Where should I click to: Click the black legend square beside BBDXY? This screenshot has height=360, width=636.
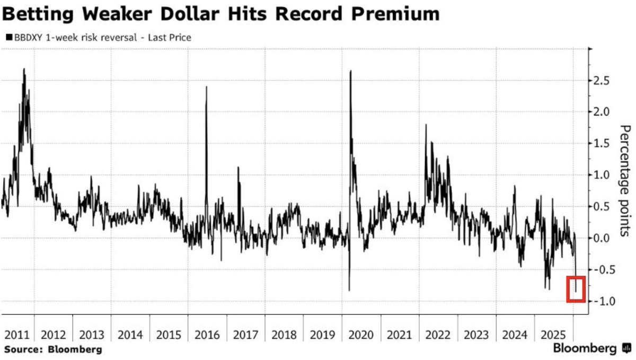pyautogui.click(x=7, y=38)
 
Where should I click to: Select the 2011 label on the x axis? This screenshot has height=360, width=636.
pyautogui.click(x=17, y=335)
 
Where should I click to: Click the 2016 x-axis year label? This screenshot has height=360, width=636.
pyautogui.click(x=207, y=335)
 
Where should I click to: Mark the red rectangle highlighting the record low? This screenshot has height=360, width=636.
pyautogui.click(x=576, y=289)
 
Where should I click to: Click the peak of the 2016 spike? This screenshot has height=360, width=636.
pyautogui.click(x=206, y=86)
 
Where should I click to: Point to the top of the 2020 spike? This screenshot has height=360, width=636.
pyautogui.click(x=351, y=71)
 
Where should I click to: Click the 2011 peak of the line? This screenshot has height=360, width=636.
pyautogui.click(x=24, y=68)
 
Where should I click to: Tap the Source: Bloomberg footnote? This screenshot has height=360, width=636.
pyautogui.click(x=53, y=350)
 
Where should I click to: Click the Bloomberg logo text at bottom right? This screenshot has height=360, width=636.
pyautogui.click(x=585, y=349)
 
